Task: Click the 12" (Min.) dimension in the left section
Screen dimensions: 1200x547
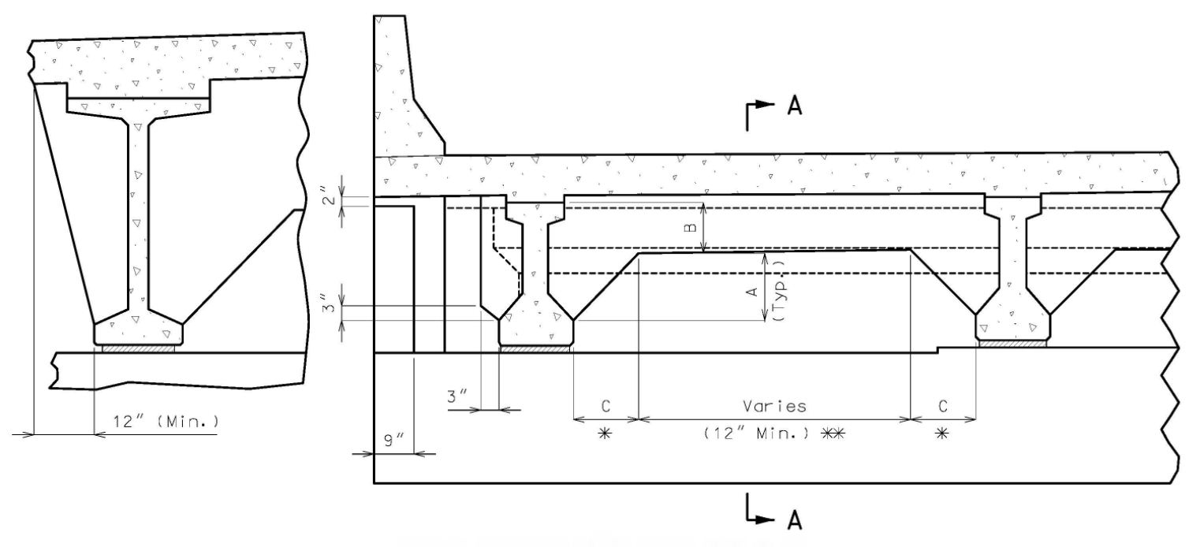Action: pyautogui.click(x=166, y=422)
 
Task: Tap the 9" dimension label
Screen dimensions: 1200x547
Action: pyautogui.click(x=394, y=441)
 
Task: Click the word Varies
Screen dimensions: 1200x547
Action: pyautogui.click(x=774, y=406)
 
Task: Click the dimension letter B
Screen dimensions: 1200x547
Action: pyautogui.click(x=691, y=227)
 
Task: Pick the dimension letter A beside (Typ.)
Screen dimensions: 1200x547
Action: pyautogui.click(x=752, y=292)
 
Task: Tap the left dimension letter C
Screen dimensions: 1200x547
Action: pyautogui.click(x=606, y=406)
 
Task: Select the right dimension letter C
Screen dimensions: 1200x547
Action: pyautogui.click(x=943, y=406)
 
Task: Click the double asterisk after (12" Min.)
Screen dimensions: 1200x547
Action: pyautogui.click(x=833, y=434)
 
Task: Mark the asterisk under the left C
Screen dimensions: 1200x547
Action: pyautogui.click(x=604, y=434)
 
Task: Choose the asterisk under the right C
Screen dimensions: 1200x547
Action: pyautogui.click(x=941, y=434)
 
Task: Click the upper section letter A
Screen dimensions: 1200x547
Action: pyautogui.click(x=795, y=106)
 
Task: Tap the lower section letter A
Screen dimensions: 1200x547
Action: pyautogui.click(x=795, y=519)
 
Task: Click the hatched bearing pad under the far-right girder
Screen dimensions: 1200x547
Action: pyautogui.click(x=1012, y=344)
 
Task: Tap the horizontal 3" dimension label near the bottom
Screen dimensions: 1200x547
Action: pyautogui.click(x=457, y=396)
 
